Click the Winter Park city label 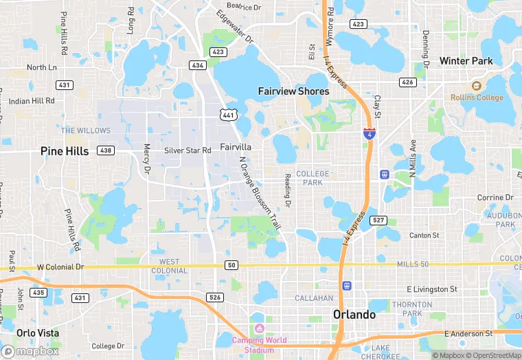466,61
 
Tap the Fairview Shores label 293,91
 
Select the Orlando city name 354,315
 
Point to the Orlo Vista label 38,333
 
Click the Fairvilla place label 236,147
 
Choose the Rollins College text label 477,98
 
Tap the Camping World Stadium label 258,345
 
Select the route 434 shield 198,65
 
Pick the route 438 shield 106,150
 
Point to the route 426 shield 407,82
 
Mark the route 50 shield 231,265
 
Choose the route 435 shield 38,293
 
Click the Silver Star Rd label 188,150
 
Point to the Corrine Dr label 495,198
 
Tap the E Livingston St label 432,289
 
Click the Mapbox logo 29,351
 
